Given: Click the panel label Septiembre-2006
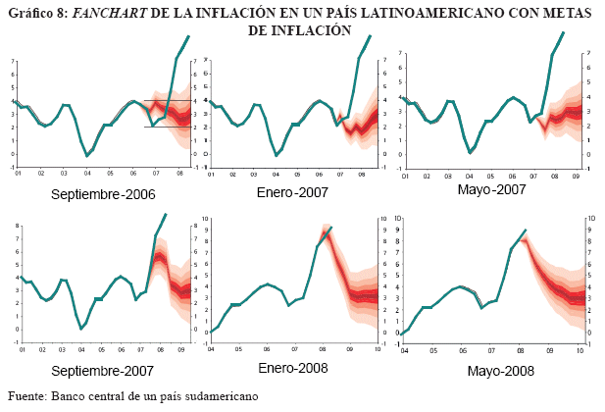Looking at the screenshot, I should point(102,194).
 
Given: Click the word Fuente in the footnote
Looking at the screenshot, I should point(26,396).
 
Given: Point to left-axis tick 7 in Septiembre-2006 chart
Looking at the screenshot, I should point(12,61).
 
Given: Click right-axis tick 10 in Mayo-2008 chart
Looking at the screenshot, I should point(588,219).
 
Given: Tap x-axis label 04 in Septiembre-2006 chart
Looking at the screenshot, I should point(86,174).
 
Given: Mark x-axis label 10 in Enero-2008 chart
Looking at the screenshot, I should point(379,348).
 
